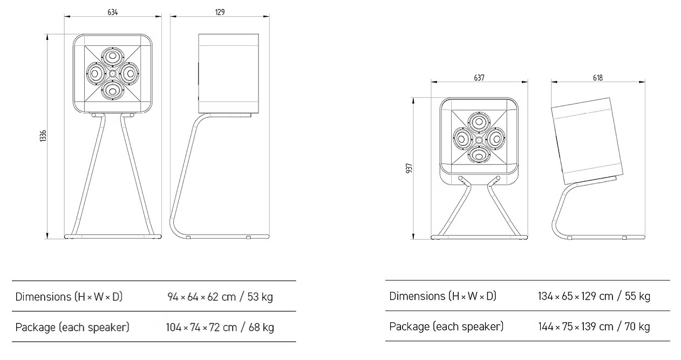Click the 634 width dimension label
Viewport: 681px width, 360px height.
coord(112,12)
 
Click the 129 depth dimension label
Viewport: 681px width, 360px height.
coord(220,12)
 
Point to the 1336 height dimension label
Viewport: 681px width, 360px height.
coord(43,136)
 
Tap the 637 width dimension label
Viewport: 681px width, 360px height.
coord(479,78)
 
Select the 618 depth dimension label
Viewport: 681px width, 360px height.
coord(597,78)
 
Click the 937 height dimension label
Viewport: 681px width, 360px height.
coord(409,169)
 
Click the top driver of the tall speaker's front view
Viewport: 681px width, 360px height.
coord(113,57)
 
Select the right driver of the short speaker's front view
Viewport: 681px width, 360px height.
coord(495,138)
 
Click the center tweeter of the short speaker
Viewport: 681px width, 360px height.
coord(479,138)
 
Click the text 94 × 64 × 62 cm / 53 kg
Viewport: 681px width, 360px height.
coord(220,297)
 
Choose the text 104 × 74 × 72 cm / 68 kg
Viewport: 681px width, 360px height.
coord(220,327)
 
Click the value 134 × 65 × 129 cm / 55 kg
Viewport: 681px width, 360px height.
coord(594,296)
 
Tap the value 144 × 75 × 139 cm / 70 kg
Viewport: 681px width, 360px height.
coord(594,327)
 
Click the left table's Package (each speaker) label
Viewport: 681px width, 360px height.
coord(72,327)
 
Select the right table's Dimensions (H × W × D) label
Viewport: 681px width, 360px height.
coord(442,296)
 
